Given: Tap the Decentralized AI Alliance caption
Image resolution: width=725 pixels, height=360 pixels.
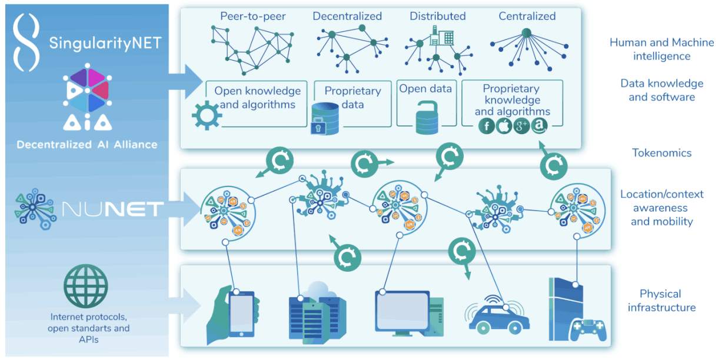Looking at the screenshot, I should pos(87,145).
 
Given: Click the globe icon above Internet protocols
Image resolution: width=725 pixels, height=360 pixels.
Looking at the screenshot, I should pos(87,285).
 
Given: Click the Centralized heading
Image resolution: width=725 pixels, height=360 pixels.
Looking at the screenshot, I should pos(527,16).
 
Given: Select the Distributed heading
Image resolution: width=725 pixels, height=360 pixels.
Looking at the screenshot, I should pos(438,16).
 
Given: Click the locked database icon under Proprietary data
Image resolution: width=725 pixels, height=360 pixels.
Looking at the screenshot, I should pos(327,119).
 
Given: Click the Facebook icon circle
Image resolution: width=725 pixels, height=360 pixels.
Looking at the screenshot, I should pos(486,126).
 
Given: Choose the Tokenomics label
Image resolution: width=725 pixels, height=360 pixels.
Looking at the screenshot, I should pos(661,153).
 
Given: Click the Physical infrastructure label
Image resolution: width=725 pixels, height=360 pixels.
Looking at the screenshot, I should pos(661,301).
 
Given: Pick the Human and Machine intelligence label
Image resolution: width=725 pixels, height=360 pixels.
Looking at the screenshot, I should pos(661,49).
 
